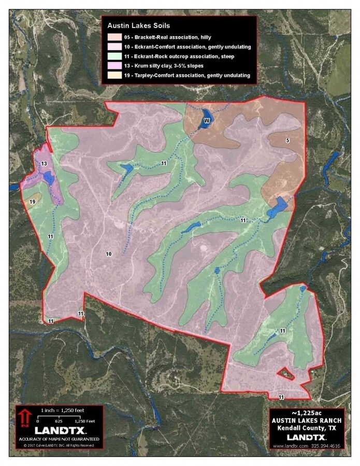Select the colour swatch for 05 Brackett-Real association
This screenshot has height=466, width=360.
point(115,37)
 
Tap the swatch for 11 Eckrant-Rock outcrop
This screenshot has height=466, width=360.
point(115,57)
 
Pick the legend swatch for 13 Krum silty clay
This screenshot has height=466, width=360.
point(115,66)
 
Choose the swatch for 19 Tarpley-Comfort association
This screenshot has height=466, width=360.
point(115,76)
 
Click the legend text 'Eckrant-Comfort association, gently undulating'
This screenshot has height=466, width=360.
point(193,47)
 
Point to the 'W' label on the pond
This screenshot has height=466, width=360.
point(206,120)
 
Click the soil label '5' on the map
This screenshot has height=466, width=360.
point(287,140)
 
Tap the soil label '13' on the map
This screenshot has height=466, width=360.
point(45,164)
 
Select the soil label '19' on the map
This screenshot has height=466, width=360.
point(32,202)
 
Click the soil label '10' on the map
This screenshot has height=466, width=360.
point(109,253)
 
